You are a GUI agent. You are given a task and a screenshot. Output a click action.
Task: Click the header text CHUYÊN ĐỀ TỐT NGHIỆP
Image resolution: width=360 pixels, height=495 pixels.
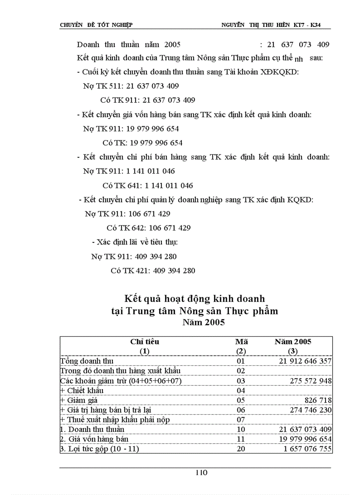96,25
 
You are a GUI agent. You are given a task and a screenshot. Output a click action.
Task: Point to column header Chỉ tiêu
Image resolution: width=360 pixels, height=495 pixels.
144,342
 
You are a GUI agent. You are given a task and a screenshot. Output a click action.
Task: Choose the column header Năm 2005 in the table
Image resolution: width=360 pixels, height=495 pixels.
292,342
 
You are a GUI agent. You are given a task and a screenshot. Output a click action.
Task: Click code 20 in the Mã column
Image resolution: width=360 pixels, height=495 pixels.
241,449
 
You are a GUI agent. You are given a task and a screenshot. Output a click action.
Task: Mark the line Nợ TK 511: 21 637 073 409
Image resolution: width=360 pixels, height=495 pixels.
131,86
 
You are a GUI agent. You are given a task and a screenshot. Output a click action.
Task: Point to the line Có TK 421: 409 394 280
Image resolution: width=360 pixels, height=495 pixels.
153,271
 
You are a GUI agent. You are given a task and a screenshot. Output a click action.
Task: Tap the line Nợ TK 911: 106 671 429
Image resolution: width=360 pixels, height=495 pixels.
127,214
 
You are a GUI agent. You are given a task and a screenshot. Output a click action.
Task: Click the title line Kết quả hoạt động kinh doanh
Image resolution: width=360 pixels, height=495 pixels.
195,299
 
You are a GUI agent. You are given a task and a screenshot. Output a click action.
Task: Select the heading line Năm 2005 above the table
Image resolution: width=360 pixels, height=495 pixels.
203,322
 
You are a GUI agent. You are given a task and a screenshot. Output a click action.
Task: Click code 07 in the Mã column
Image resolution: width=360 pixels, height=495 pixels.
241,420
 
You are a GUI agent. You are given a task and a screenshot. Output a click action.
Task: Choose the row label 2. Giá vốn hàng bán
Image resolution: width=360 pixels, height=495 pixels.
89,439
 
